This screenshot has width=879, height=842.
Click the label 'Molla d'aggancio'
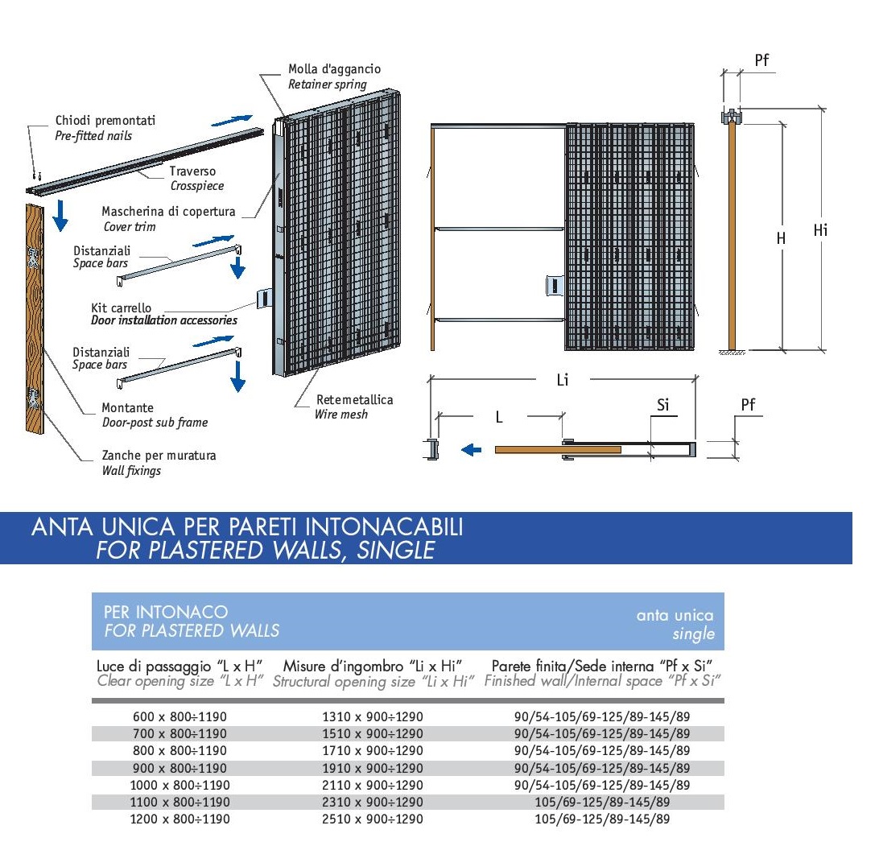(x=334, y=69)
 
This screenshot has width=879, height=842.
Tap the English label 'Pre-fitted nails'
(x=93, y=136)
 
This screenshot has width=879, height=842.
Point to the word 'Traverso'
(x=192, y=171)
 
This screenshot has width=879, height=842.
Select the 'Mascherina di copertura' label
(x=168, y=212)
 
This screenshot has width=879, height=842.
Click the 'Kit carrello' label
(x=121, y=307)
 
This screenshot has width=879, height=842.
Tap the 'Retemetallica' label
(x=354, y=400)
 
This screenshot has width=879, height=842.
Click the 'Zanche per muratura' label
(x=159, y=455)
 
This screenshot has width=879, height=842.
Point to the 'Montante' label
(x=127, y=407)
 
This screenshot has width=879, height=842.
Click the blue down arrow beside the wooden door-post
(x=60, y=216)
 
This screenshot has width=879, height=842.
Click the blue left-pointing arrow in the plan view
(x=471, y=450)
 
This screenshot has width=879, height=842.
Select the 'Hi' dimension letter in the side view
(x=820, y=230)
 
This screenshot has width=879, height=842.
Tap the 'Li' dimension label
(x=563, y=380)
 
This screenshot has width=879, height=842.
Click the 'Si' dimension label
(x=662, y=405)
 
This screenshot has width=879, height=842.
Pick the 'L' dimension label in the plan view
(x=499, y=417)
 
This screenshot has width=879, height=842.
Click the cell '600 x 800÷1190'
(x=180, y=716)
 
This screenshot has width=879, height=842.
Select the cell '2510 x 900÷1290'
(x=372, y=819)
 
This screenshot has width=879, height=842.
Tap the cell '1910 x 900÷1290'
(x=372, y=768)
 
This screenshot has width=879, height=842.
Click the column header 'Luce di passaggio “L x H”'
(x=180, y=666)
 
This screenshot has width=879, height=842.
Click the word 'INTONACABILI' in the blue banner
(x=384, y=527)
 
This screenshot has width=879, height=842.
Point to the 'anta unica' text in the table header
(x=675, y=616)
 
